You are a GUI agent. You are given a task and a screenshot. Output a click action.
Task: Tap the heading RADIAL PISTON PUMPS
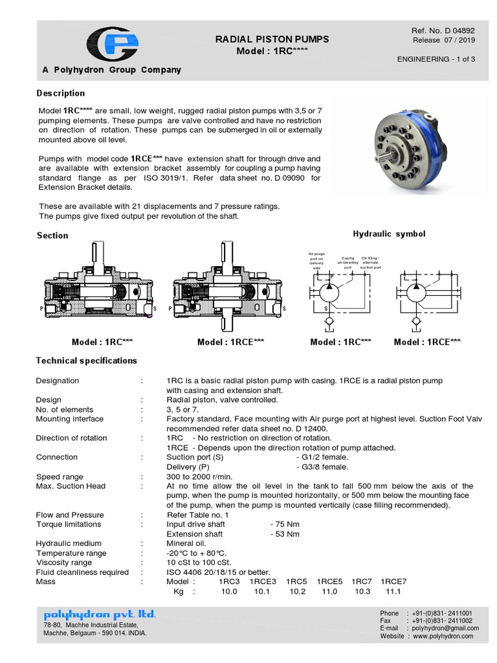click(x=272, y=39)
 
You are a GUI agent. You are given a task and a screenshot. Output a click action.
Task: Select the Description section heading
click(x=60, y=93)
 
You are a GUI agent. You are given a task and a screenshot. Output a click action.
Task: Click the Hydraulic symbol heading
click(x=389, y=234)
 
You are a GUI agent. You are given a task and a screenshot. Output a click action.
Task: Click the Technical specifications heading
click(x=86, y=360)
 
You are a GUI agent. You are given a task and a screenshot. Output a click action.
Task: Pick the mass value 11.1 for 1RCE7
click(x=393, y=592)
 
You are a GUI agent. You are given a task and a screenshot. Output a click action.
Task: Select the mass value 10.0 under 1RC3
click(x=229, y=592)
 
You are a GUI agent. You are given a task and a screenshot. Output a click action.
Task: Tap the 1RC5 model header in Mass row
click(x=297, y=581)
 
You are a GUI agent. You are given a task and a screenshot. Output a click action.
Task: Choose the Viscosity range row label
click(x=64, y=563)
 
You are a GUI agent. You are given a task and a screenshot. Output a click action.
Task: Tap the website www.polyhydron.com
click(x=443, y=636)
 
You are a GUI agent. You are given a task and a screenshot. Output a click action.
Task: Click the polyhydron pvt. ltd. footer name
click(x=100, y=614)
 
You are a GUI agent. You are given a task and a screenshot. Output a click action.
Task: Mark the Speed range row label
click(x=60, y=477)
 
